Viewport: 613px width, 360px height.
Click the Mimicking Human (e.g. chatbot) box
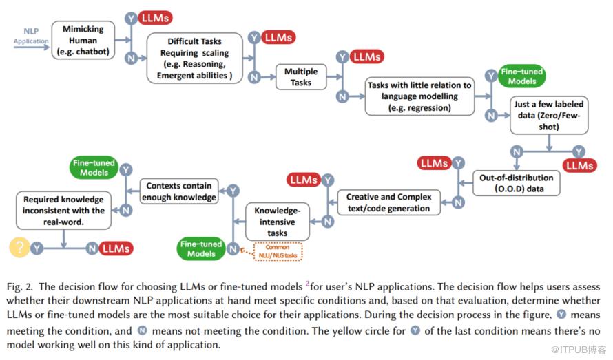(x=83, y=40)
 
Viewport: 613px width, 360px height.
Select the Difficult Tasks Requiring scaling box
(x=195, y=59)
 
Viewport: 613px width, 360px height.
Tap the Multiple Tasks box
(x=301, y=77)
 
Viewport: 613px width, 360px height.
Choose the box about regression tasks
(x=419, y=96)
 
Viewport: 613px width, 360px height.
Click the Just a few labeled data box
(x=549, y=116)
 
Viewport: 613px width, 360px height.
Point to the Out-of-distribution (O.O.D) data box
(x=517, y=183)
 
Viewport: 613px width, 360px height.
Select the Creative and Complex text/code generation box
(x=389, y=202)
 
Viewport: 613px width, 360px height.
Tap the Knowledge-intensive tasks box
(x=278, y=222)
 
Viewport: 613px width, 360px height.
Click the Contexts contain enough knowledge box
(x=179, y=191)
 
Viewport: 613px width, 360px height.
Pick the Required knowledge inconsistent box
(x=64, y=211)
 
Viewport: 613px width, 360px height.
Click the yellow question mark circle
(x=19, y=247)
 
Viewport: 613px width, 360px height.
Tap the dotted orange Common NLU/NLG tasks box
(x=278, y=251)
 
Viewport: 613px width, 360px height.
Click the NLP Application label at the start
(x=31, y=36)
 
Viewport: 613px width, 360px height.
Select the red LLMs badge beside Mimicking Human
(x=155, y=18)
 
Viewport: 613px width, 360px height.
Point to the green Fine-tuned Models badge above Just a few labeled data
(x=522, y=76)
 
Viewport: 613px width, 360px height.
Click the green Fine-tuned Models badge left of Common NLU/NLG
(x=201, y=248)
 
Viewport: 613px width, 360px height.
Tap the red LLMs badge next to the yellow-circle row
(x=116, y=248)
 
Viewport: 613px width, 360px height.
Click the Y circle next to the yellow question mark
(x=37, y=248)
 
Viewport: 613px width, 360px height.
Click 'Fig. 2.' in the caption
(x=19, y=287)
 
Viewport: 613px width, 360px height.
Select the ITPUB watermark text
(x=579, y=349)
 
